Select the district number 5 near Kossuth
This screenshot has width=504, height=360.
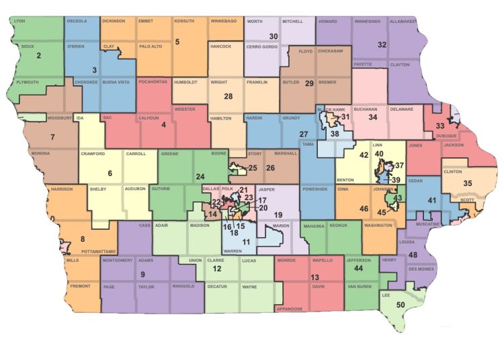177,42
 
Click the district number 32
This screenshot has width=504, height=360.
382,45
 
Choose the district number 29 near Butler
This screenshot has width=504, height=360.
309,83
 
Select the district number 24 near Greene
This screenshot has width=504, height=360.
200,177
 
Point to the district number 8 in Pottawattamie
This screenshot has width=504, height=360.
83,239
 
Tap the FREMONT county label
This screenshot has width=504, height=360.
80,286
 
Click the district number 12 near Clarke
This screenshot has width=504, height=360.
216,269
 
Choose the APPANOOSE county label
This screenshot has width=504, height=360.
290,309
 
